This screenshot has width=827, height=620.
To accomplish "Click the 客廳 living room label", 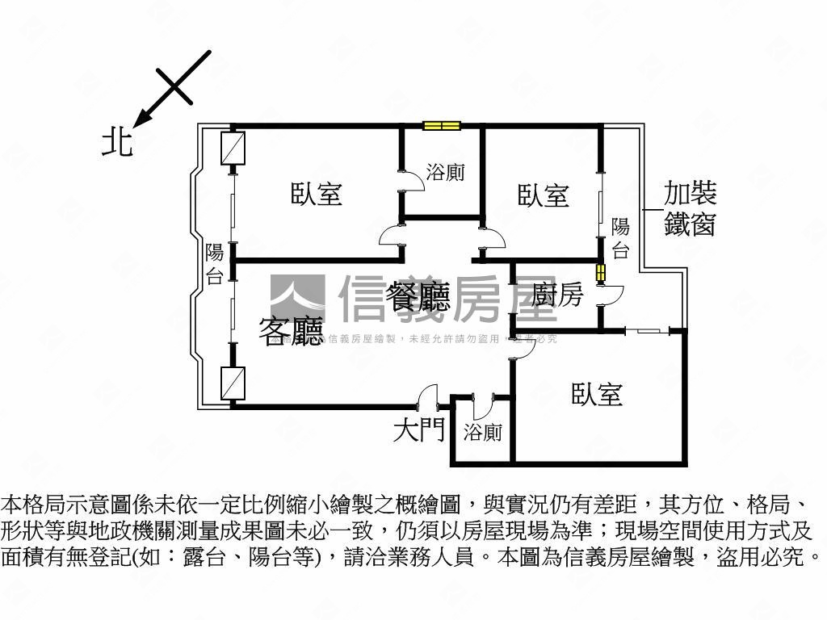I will (x=291, y=330).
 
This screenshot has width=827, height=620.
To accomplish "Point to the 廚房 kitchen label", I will (x=557, y=295).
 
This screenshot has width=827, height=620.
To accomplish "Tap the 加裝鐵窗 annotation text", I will (x=690, y=208).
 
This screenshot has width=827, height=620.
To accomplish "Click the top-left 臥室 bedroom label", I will (x=317, y=194).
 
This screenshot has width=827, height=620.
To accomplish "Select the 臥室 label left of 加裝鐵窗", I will (x=544, y=195).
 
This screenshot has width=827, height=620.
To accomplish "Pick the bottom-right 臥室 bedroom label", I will (x=597, y=394).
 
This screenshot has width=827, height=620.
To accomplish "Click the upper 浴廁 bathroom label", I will (x=445, y=173).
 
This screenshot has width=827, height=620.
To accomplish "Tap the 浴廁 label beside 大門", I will (x=482, y=433).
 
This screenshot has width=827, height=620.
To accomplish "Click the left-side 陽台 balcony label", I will (x=214, y=264).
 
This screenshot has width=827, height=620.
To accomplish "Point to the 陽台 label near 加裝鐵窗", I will (x=620, y=238).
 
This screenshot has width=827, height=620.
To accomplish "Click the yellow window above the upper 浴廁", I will (x=442, y=125).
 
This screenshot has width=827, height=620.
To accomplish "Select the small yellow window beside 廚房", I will (x=600, y=273).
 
